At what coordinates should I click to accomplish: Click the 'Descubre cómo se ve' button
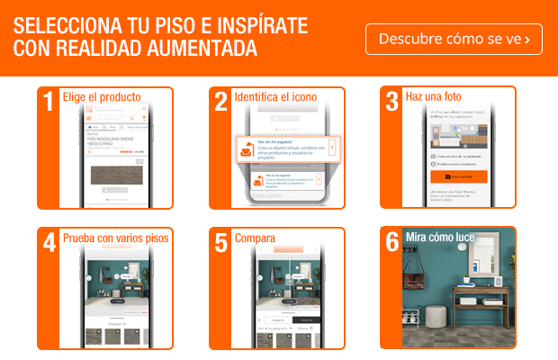(x=454, y=39)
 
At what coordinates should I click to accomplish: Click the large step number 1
(x=49, y=101)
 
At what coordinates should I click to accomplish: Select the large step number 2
(x=220, y=101)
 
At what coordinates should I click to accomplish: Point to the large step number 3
(x=391, y=101)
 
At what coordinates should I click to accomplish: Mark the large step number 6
(x=391, y=242)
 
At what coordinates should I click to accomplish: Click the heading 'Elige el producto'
(x=101, y=96)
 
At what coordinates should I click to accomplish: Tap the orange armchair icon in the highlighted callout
(x=245, y=148)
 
